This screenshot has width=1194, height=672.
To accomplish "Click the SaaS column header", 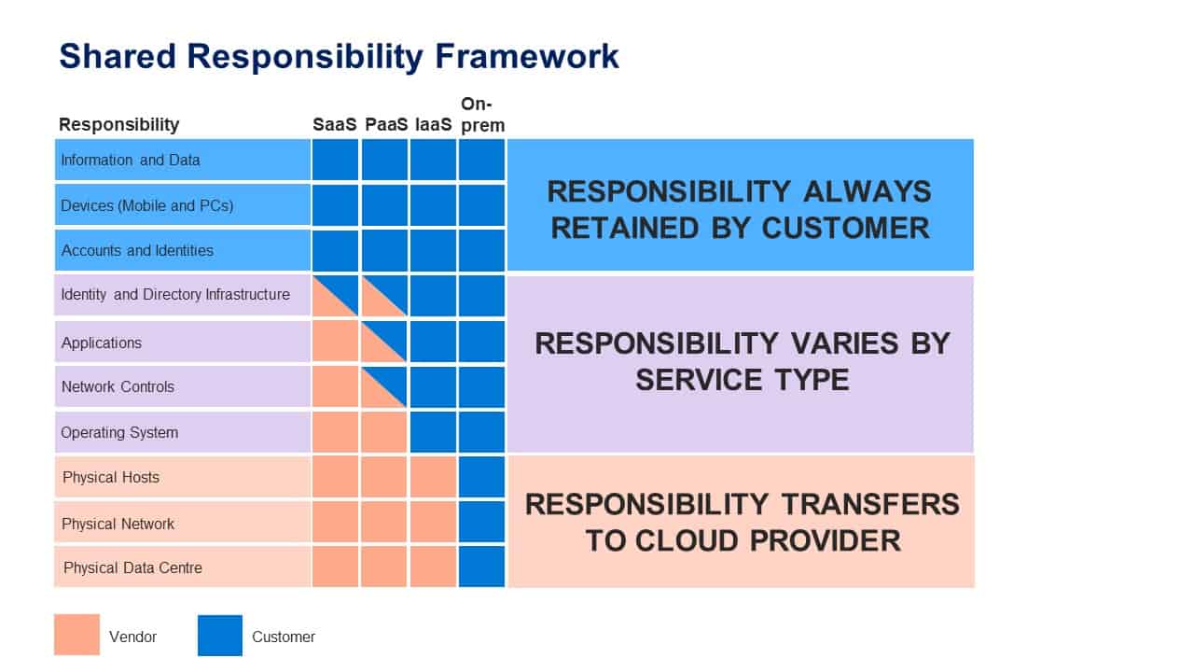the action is [334, 124].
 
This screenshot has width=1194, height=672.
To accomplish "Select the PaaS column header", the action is [386, 124].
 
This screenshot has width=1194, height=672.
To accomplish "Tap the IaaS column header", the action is [434, 124].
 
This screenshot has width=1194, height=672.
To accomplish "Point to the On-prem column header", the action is [482, 115].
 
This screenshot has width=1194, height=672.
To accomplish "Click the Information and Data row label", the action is [130, 160].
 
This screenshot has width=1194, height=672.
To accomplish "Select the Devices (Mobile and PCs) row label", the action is [147, 206].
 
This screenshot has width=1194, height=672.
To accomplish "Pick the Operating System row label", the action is [119, 432].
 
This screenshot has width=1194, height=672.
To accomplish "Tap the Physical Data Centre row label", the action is [132, 568].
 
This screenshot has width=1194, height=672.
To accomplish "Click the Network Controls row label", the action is [118, 386].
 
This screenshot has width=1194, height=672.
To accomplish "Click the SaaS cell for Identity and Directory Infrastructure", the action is [335, 296].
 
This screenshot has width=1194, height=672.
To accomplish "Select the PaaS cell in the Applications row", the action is [384, 342].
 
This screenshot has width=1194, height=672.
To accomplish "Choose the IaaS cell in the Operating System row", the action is [433, 432].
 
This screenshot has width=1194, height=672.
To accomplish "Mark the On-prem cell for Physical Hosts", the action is [482, 477].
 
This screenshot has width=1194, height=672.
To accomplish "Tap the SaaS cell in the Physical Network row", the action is [335, 522].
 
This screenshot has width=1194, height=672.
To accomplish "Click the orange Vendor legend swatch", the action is [76, 635].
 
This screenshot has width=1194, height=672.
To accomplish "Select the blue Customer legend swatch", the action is [220, 636].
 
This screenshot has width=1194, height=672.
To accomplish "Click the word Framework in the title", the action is [527, 56].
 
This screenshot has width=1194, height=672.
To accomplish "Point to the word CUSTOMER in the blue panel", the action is [846, 229].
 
